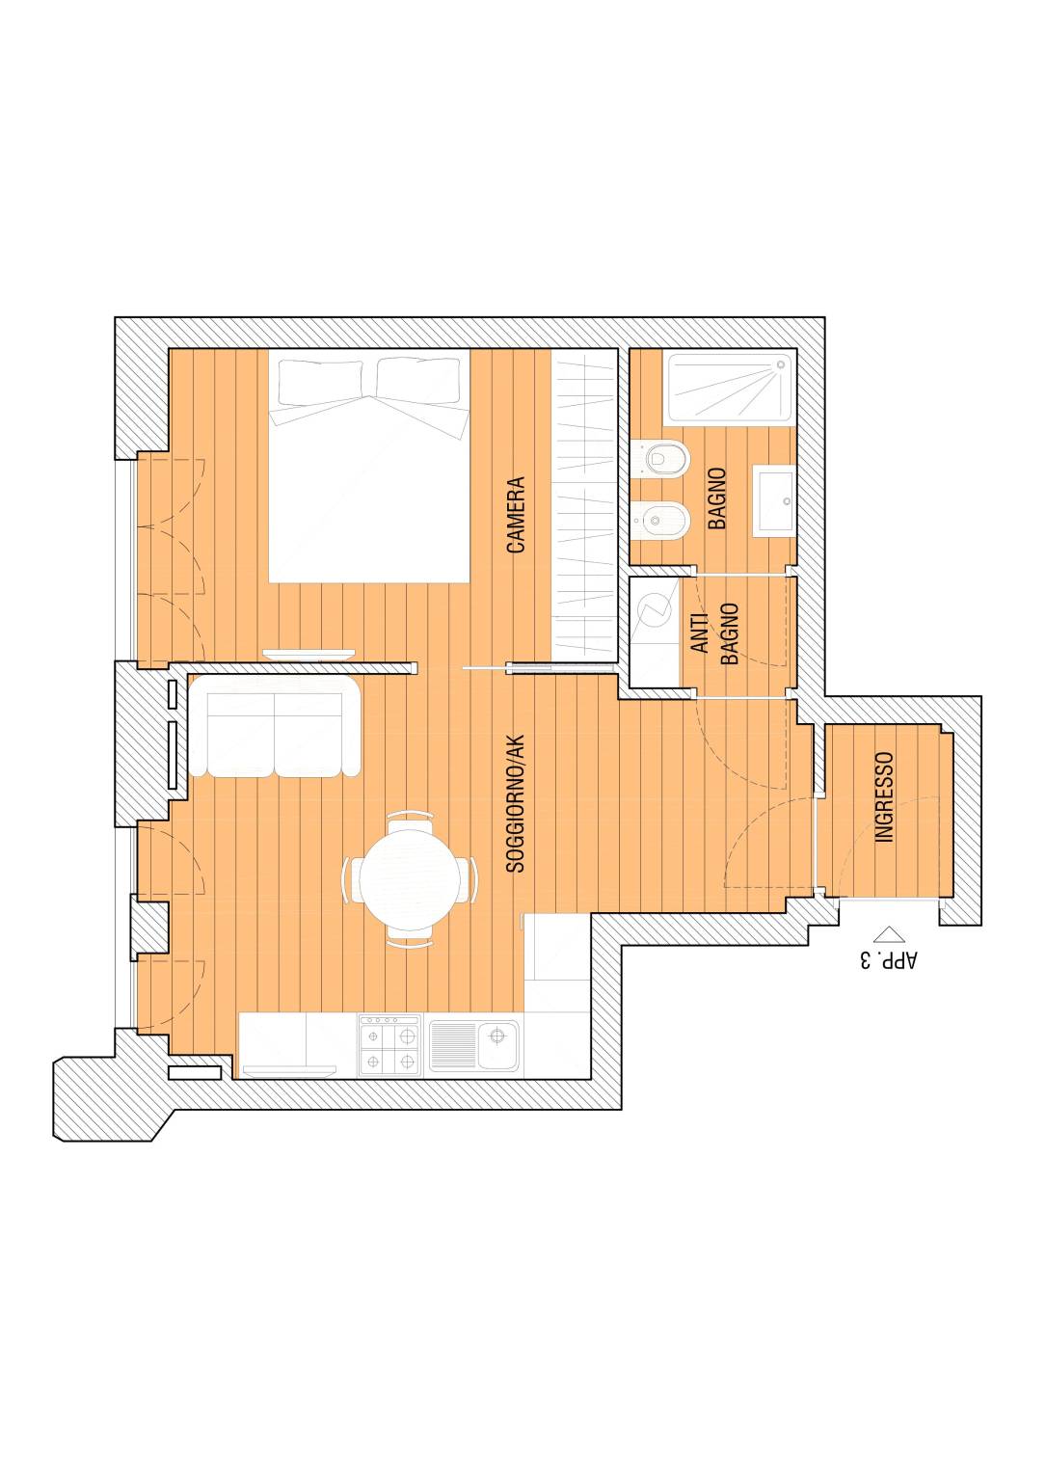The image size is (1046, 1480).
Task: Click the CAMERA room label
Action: pos(515,515)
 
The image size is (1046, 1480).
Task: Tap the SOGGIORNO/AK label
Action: pos(515,803)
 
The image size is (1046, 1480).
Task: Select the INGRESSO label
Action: pos(884,796)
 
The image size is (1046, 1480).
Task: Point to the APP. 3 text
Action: pos(889,960)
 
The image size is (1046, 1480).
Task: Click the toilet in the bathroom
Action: pos(660,457)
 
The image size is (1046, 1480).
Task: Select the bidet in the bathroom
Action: pos(660,520)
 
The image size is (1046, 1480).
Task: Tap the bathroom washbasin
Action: pos(774,500)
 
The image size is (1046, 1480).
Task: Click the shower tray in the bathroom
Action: pos(730,388)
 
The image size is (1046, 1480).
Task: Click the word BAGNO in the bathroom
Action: pos(717,498)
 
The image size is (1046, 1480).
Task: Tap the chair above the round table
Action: pos(411,823)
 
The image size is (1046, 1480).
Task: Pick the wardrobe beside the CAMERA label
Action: pos(584,505)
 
